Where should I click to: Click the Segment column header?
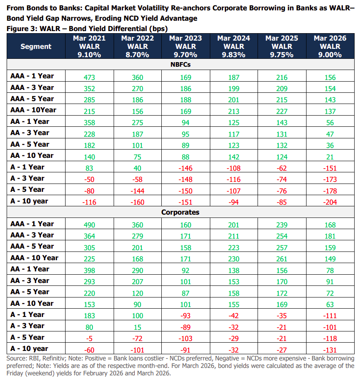36,46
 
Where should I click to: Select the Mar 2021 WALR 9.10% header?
89,46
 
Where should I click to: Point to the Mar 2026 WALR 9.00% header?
330,46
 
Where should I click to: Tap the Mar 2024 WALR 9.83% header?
234,46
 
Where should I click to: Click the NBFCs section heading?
180,65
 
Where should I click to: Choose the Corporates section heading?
180,212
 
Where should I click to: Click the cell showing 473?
89,77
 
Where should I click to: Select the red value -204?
330,202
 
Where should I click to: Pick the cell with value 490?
89,225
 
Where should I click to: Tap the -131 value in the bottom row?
330,350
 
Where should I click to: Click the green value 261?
282,259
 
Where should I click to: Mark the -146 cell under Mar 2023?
186,168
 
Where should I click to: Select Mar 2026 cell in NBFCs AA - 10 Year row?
330,157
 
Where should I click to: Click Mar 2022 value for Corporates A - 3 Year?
138,327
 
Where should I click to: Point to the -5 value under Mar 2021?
89,338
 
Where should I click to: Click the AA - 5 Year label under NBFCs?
30,144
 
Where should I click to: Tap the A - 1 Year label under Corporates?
27,314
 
